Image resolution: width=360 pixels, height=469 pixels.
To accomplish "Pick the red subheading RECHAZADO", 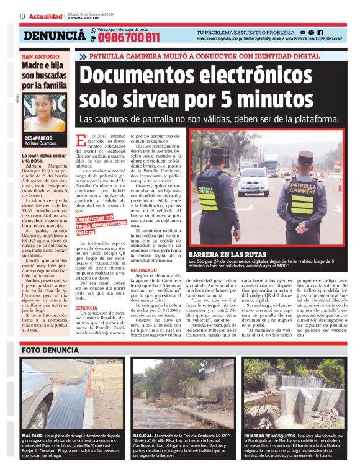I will pyautogui.click(x=144, y=270).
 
